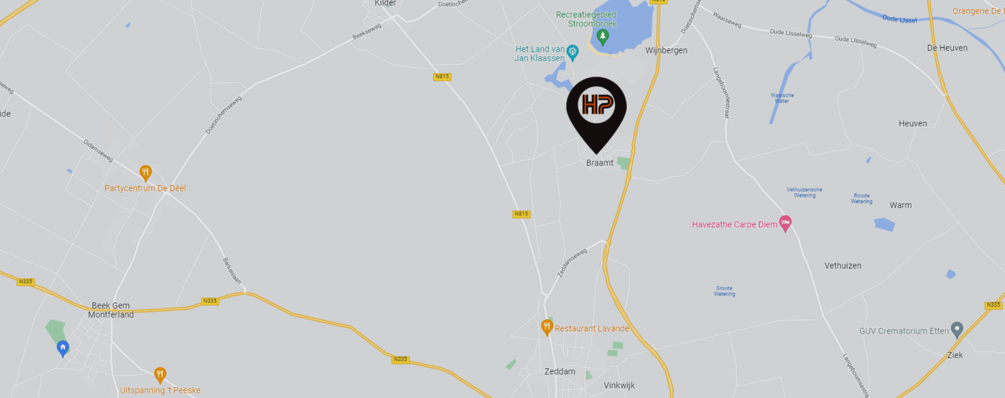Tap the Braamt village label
pyautogui.click(x=600, y=163)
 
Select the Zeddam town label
pyautogui.click(x=559, y=372)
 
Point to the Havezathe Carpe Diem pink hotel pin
pyautogui.click(x=785, y=222)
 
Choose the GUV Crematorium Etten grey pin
pyautogui.click(x=957, y=330)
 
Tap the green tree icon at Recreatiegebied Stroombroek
pyautogui.click(x=603, y=36)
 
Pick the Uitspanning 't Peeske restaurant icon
pyautogui.click(x=160, y=375)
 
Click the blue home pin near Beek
pyautogui.click(x=63, y=348)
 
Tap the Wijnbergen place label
pyautogui.click(x=666, y=51)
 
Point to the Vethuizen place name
pyautogui.click(x=843, y=266)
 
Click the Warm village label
pyautogui.click(x=900, y=205)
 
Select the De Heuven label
pyautogui.click(x=947, y=48)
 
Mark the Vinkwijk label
pyautogui.click(x=619, y=385)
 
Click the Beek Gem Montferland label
pyautogui.click(x=111, y=310)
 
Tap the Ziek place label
pyautogui.click(x=955, y=355)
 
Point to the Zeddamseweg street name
pyautogui.click(x=572, y=263)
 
